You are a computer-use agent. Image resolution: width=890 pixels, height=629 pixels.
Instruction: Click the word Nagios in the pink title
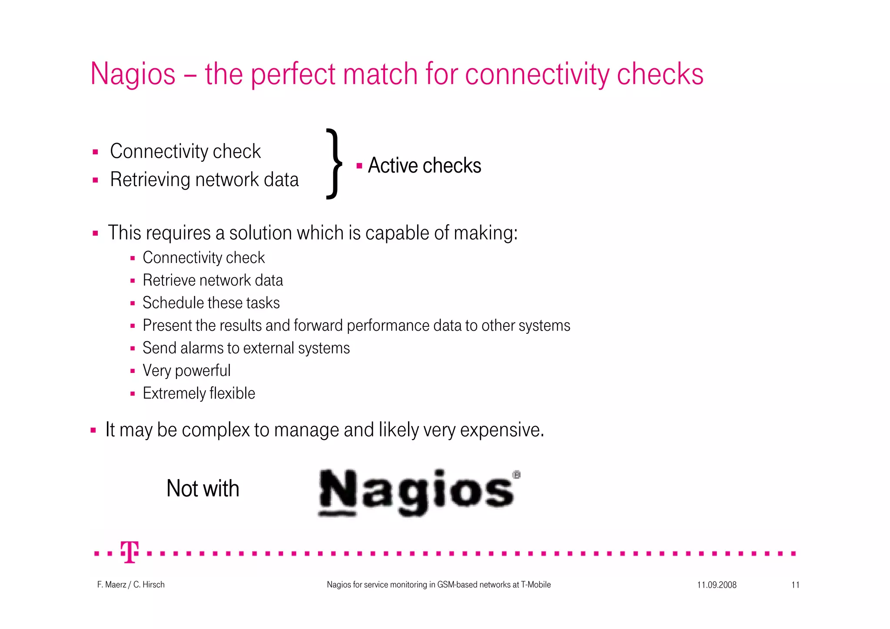(x=133, y=74)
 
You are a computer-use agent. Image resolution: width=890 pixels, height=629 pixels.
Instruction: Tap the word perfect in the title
(x=292, y=74)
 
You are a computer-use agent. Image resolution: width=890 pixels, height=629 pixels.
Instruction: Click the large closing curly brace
(x=334, y=164)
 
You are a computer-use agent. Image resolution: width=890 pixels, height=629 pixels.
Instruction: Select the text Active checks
(x=424, y=166)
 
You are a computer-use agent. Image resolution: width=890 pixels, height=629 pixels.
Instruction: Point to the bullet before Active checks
(x=359, y=166)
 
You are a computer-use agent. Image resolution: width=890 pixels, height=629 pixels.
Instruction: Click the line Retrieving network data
(x=204, y=180)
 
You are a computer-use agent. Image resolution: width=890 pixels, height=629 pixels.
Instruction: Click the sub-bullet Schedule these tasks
(x=211, y=303)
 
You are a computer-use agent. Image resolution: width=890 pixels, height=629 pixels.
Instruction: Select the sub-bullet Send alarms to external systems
(x=246, y=348)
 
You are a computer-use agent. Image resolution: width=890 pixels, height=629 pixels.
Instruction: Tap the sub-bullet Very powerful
(x=186, y=371)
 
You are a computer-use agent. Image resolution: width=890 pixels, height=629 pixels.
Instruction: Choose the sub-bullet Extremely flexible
(x=199, y=393)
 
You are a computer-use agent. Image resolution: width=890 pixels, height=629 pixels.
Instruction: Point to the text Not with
(x=203, y=489)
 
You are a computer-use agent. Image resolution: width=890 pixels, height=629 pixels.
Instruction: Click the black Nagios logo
(x=417, y=493)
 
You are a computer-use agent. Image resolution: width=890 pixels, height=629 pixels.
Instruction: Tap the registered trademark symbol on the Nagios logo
(x=516, y=475)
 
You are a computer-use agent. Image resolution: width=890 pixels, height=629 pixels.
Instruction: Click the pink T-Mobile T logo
(x=130, y=552)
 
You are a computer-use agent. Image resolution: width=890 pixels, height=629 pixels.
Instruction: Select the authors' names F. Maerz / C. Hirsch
(x=131, y=585)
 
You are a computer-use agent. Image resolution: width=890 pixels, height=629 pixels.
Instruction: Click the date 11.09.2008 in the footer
(x=717, y=585)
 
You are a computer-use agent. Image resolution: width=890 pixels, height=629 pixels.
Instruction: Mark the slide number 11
(x=795, y=585)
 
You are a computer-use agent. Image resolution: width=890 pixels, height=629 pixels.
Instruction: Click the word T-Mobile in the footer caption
(x=535, y=585)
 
